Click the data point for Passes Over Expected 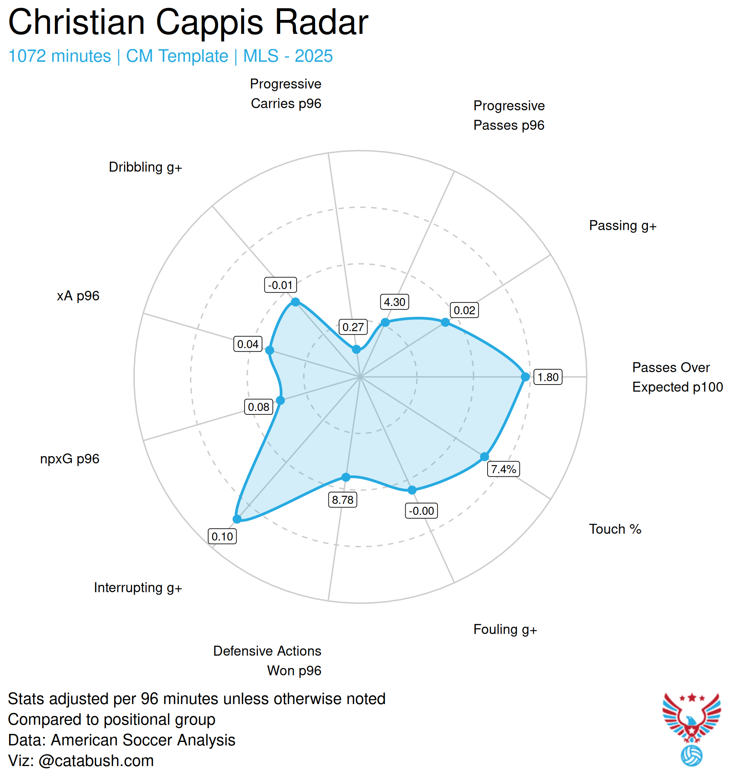pyautogui.click(x=525, y=377)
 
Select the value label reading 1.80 pyautogui.click(x=548, y=377)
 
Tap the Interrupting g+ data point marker pyautogui.click(x=237, y=519)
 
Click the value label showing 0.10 pyautogui.click(x=222, y=536)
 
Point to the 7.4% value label pyautogui.click(x=503, y=469)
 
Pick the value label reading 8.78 pyautogui.click(x=343, y=500)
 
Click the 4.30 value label pyautogui.click(x=395, y=302)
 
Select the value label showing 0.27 pyautogui.click(x=353, y=327)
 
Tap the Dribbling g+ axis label pyautogui.click(x=145, y=167)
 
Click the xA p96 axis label pyautogui.click(x=78, y=296)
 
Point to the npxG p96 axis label pyautogui.click(x=70, y=459)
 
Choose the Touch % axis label pyautogui.click(x=615, y=529)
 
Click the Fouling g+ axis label pyautogui.click(x=505, y=629)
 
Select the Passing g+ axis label pyautogui.click(x=623, y=226)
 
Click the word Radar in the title pyautogui.click(x=321, y=22)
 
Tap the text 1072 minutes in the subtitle pyautogui.click(x=60, y=56)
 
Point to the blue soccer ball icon pyautogui.click(x=691, y=756)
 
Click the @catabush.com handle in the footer pyautogui.click(x=96, y=761)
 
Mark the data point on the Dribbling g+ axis pyautogui.click(x=295, y=302)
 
